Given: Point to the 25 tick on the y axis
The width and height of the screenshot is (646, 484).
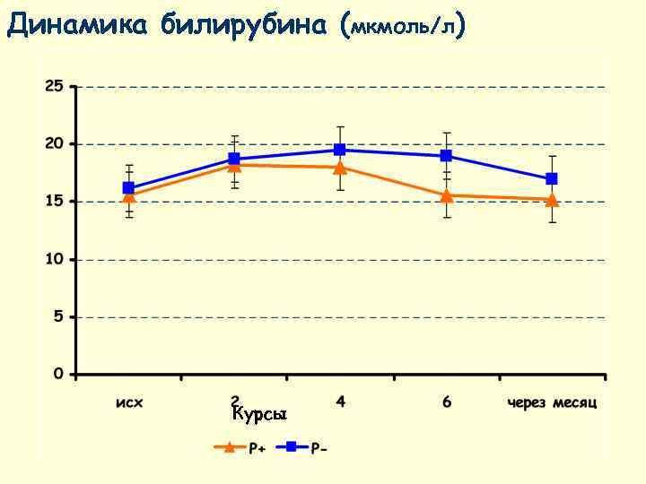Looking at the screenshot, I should point(55,86).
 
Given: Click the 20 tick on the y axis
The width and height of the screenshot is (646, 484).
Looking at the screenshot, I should point(55,143).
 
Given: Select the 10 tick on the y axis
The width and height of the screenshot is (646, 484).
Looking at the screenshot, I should point(55,259).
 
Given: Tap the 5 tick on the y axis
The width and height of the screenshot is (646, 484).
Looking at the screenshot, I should point(58,316).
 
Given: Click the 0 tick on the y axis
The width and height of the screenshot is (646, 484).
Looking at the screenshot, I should point(58,374).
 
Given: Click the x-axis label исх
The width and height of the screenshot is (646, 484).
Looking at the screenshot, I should point(129,402).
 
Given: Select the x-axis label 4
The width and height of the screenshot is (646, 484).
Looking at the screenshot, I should point(340,401).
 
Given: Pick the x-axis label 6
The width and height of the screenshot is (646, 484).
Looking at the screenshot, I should point(446,401).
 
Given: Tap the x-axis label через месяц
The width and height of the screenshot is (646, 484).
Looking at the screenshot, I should point(552,402).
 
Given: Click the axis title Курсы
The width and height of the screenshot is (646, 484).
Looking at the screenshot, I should point(258,414).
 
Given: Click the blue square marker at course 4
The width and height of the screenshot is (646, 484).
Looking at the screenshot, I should point(340,150).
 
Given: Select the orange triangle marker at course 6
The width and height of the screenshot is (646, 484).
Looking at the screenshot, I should point(446,195).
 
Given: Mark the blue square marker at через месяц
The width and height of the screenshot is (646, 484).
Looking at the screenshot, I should point(552,179).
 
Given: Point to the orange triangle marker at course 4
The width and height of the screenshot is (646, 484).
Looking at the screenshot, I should point(340,168).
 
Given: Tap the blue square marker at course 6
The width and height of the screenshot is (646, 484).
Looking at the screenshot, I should point(446,156).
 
